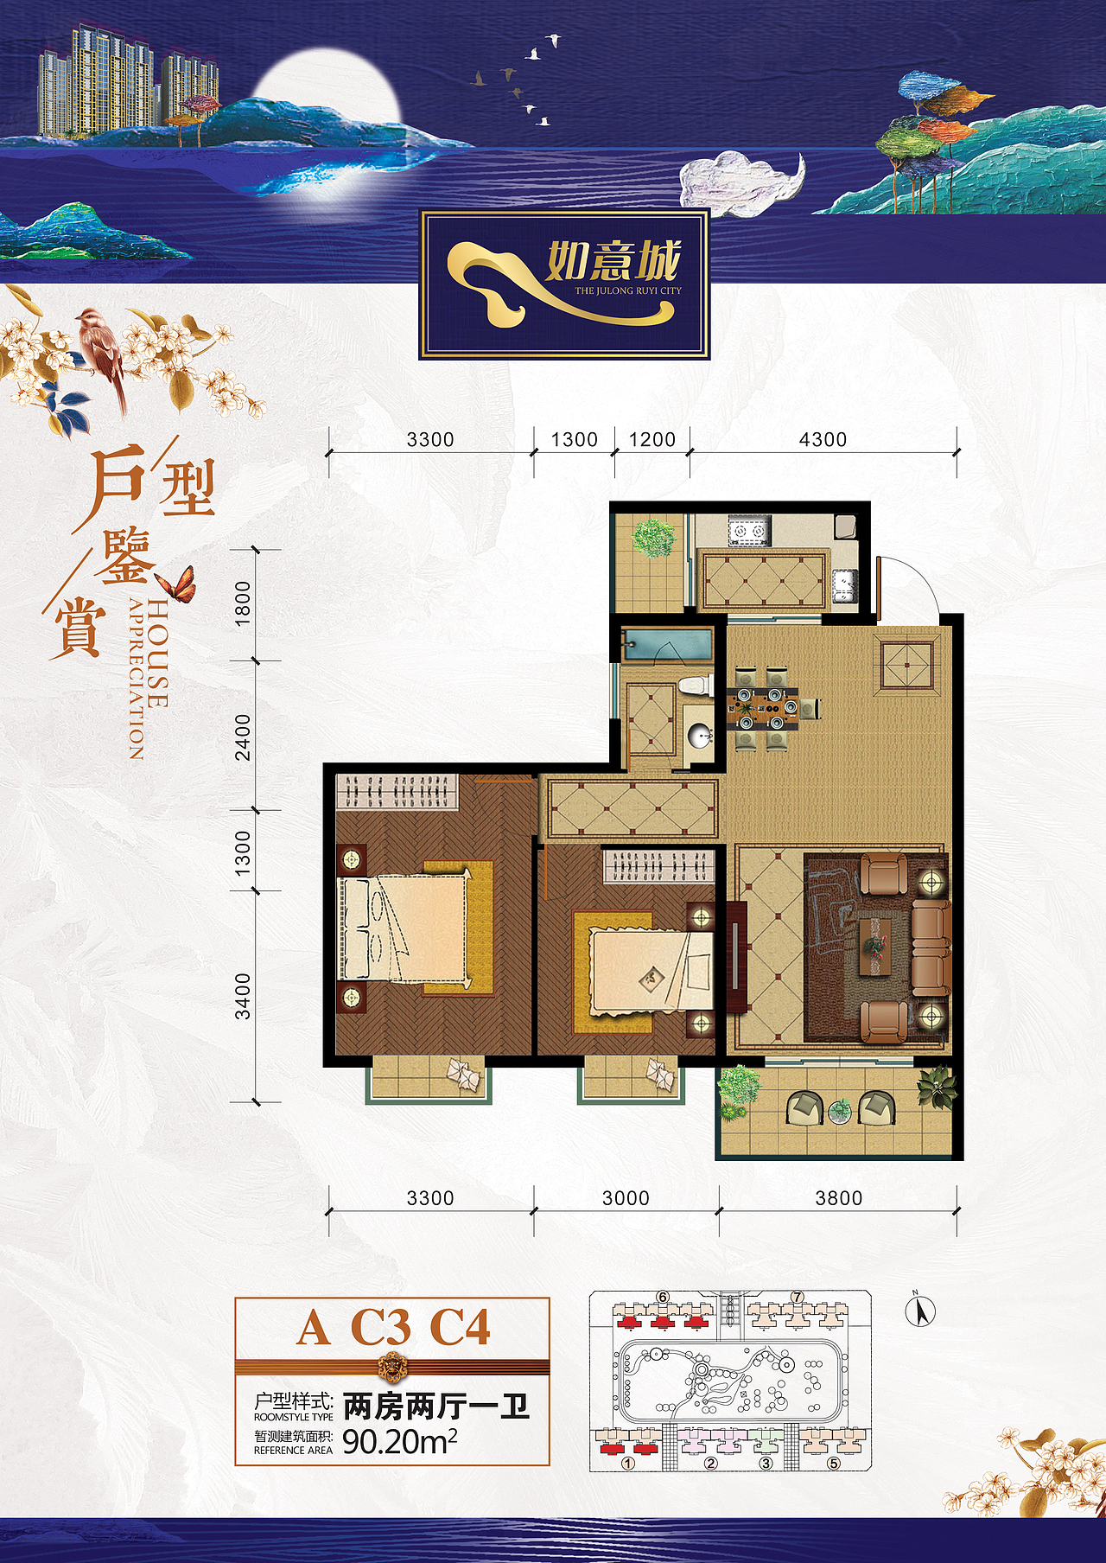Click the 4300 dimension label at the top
pyautogui.click(x=823, y=439)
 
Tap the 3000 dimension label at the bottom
pyautogui.click(x=626, y=1198)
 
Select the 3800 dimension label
pyautogui.click(x=839, y=1198)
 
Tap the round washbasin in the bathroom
pyautogui.click(x=699, y=735)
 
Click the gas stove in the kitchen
pyautogui.click(x=748, y=530)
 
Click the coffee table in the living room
pyautogui.click(x=876, y=947)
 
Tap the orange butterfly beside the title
pyautogui.click(x=178, y=584)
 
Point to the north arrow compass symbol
pyautogui.click(x=921, y=1311)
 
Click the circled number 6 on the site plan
pyautogui.click(x=663, y=1297)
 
